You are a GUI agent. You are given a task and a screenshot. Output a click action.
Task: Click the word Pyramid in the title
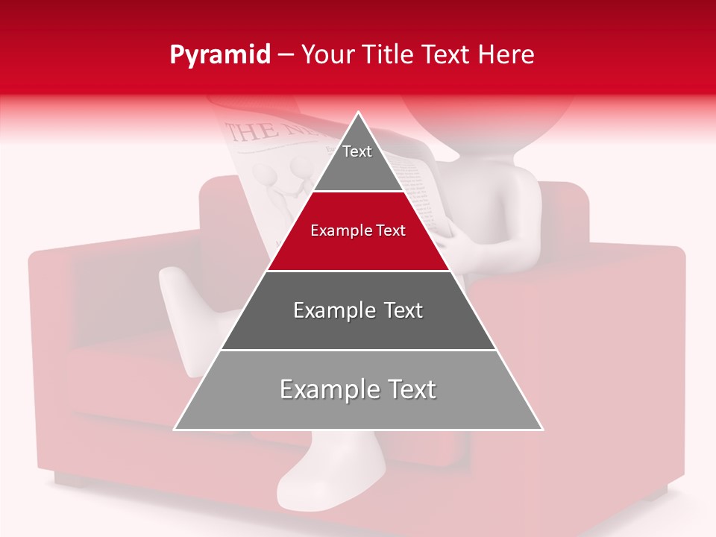[220, 55]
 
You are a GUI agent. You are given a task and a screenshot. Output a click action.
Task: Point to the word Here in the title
[506, 55]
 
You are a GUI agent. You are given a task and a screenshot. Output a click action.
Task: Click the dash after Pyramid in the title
[286, 55]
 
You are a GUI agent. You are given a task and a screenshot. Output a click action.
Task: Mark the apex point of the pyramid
[359, 114]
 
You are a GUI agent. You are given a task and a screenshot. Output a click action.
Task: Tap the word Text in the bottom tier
[410, 389]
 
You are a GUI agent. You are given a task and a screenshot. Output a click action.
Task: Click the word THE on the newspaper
[249, 132]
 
